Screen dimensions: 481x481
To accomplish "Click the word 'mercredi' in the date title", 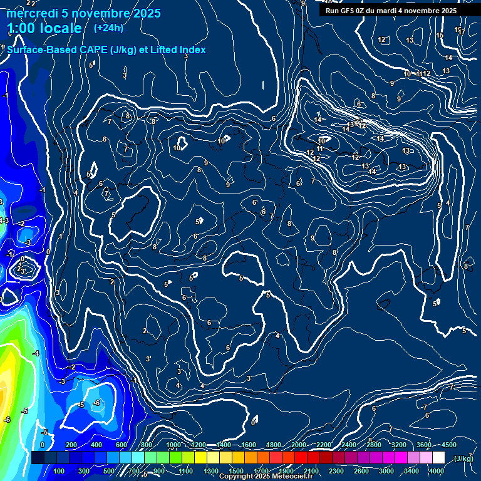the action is point(29,13).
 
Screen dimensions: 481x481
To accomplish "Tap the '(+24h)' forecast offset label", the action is point(108,28).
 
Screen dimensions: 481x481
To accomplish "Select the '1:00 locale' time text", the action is point(44,28).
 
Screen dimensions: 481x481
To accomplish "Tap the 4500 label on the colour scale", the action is point(450,445).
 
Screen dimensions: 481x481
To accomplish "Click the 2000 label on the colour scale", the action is point(299,445).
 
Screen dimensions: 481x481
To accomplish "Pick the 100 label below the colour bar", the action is point(59,471).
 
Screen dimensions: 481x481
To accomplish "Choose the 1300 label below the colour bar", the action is point(211,471).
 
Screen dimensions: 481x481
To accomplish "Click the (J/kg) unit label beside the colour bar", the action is point(463,459).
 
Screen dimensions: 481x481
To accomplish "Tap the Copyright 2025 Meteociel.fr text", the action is point(266,477).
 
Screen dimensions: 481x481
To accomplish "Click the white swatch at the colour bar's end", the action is point(438,458).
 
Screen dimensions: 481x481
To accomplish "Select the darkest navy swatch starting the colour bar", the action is point(38,458).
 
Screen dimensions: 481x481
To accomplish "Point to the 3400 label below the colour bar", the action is point(412,471).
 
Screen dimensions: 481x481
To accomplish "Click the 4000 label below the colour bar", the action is point(437,471).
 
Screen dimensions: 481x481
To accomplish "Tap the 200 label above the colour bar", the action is point(71,445).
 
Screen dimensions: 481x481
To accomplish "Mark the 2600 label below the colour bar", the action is point(361,471).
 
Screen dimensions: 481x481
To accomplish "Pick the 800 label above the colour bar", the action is point(147,445).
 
